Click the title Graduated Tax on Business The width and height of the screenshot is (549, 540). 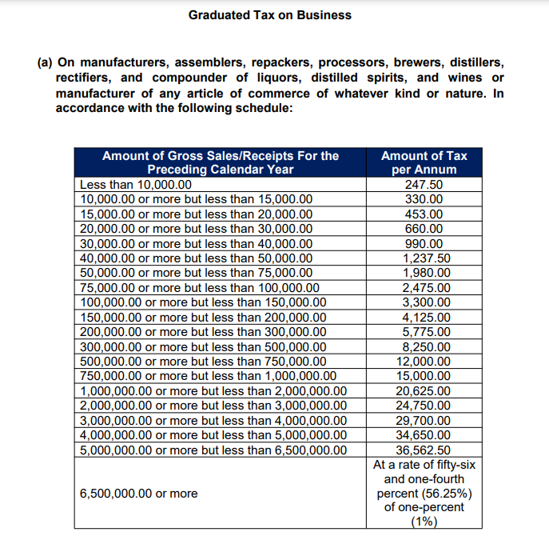tap(269, 15)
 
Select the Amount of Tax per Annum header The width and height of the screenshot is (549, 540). tap(424, 162)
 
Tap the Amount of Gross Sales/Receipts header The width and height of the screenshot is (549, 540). tap(220, 162)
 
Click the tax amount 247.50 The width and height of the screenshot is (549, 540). tap(424, 184)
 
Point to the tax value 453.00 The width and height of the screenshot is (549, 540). tap(424, 214)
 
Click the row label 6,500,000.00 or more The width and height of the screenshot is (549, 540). tap(139, 494)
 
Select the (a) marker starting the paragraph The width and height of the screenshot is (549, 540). tap(46, 62)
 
